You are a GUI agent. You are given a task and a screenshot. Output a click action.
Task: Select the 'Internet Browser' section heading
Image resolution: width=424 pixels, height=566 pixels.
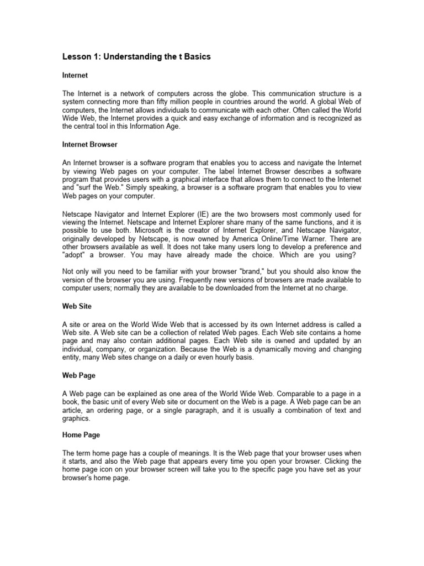pyautogui.click(x=89, y=144)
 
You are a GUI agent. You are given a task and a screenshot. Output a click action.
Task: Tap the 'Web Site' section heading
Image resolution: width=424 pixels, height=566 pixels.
pyautogui.click(x=77, y=306)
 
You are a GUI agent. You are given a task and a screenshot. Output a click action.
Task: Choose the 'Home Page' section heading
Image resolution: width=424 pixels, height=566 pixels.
pyautogui.click(x=80, y=435)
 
